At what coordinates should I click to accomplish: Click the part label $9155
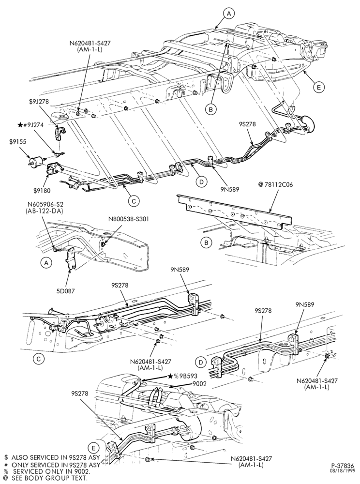click(17, 142)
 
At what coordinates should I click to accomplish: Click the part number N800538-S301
click(129, 219)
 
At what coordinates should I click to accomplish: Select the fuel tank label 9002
click(199, 384)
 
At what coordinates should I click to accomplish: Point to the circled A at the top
click(229, 13)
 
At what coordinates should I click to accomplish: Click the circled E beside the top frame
click(319, 87)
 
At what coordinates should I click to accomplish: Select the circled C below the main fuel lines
click(134, 201)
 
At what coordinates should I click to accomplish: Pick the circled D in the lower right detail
click(201, 362)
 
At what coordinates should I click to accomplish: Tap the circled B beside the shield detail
click(206, 243)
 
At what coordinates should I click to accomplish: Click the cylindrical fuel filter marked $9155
click(36, 161)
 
